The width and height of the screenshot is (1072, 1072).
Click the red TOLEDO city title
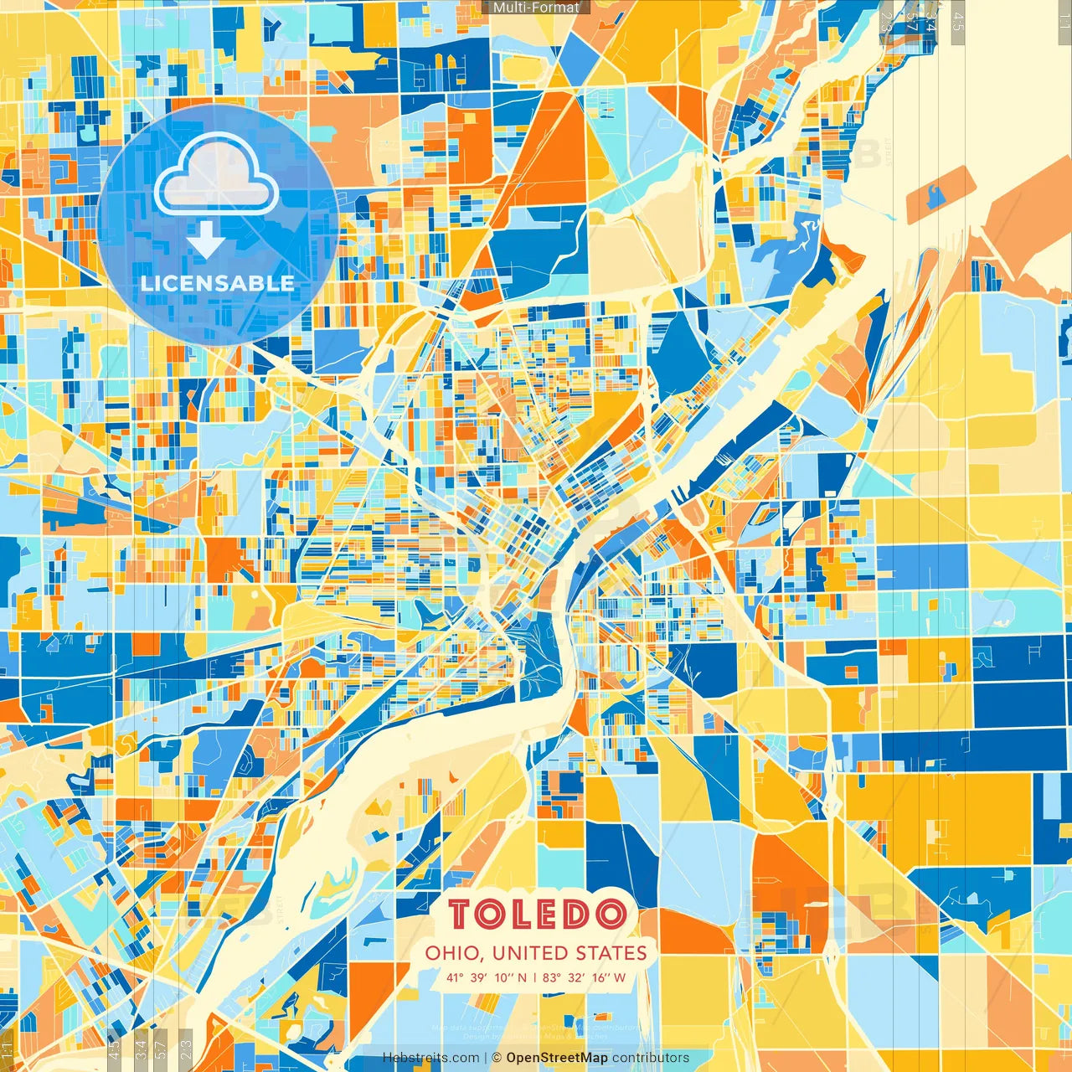coord(537,915)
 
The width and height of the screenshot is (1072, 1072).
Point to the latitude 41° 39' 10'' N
coord(487,977)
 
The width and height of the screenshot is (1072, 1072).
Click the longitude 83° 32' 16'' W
coord(584,977)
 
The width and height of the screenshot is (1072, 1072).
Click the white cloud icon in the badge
coord(216,176)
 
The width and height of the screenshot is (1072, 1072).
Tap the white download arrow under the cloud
coord(205,242)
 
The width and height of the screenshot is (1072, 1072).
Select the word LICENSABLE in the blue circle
coord(218,283)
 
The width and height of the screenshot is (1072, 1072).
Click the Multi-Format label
coord(536,8)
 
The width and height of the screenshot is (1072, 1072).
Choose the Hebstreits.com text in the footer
coord(430,1058)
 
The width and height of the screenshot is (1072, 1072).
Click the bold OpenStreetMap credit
coord(557,1058)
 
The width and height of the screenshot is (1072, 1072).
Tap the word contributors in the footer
coord(651,1058)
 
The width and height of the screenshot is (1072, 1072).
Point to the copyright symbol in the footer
coord(497,1058)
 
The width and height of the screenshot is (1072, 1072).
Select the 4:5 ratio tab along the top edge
coord(957,20)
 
